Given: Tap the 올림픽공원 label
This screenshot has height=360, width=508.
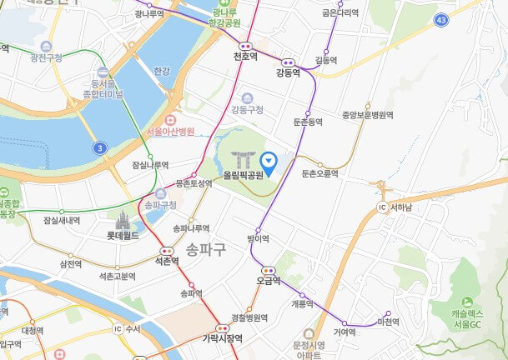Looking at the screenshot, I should point(243,176).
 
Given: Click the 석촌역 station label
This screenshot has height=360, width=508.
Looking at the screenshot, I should point(167,261).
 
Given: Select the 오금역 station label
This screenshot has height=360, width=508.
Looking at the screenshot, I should point(269,281).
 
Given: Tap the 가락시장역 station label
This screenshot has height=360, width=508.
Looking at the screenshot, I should point(222,338).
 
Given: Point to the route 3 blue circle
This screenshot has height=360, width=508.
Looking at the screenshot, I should point(100,147).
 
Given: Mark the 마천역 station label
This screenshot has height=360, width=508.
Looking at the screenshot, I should point(389,322).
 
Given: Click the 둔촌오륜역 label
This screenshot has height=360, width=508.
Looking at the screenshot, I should point(320,173).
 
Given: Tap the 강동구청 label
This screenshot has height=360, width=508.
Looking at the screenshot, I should point(248,109).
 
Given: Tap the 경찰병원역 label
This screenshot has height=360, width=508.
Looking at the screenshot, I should point(249,317).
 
